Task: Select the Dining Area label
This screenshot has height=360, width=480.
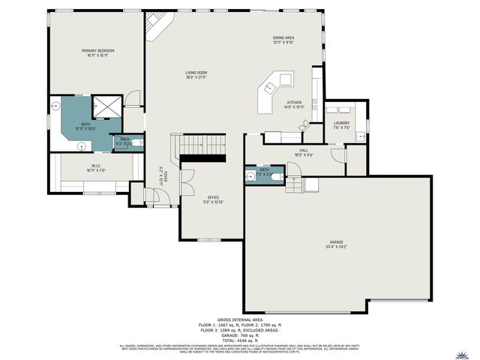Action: [283, 39]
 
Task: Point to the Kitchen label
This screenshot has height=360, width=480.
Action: [295, 104]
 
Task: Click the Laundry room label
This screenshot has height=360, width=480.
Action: [342, 125]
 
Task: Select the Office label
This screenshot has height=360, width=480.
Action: [213, 199]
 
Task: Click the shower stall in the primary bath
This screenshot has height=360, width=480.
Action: [106, 107]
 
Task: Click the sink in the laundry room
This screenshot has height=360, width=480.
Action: [360, 136]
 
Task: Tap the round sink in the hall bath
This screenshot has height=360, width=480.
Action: [250, 177]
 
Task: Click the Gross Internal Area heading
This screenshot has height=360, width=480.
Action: [239, 319]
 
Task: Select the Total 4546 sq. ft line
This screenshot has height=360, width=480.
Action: [239, 339]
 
